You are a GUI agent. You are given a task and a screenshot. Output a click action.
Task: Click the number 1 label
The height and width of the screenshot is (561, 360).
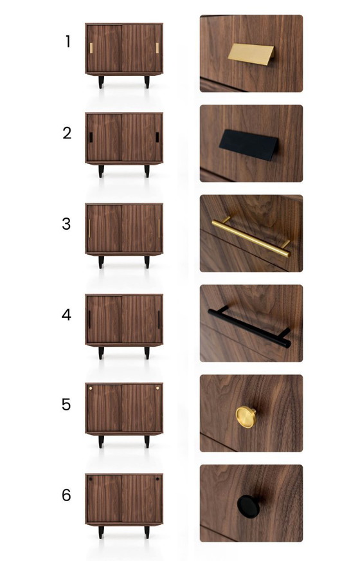tap(68, 41)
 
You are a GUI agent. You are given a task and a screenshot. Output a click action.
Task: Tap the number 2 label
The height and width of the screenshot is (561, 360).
tap(67, 133)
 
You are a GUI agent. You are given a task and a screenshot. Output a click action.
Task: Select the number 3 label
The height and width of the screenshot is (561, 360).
tap(66, 224)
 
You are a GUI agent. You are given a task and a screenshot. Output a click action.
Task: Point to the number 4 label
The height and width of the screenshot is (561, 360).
tap(66, 315)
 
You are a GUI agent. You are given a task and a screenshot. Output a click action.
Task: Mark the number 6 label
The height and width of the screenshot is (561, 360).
tap(66, 495)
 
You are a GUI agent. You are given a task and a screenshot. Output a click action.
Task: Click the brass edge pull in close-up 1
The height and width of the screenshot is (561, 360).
tap(251, 54)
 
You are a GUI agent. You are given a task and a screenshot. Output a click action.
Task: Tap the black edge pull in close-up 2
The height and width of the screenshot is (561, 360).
tap(249, 145)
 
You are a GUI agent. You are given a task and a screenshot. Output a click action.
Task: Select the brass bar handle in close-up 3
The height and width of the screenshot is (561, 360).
tap(251, 237)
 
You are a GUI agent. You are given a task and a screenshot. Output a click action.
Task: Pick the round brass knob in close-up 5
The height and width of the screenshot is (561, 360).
tap(246, 417)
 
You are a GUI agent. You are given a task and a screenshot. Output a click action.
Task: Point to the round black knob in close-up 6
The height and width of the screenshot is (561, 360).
tap(248, 506)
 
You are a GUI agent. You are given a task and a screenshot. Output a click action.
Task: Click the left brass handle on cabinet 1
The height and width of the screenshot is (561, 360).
tap(91, 48)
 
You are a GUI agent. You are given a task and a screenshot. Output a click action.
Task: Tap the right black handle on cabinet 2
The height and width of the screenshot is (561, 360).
tap(157, 137)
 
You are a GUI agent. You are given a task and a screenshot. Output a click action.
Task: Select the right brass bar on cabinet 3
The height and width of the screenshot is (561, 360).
tap(159, 228)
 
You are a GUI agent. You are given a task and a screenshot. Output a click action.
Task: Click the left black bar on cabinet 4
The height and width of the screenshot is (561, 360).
tap(89, 320)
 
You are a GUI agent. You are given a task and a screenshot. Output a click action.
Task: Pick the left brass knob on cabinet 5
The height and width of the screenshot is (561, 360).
tap(91, 388)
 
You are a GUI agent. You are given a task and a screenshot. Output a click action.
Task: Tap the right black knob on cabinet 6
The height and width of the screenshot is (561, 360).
tap(157, 479)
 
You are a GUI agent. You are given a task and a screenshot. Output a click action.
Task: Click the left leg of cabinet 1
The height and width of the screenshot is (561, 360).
tap(101, 82)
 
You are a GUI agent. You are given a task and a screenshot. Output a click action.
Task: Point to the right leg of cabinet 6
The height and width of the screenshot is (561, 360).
tap(147, 532)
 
